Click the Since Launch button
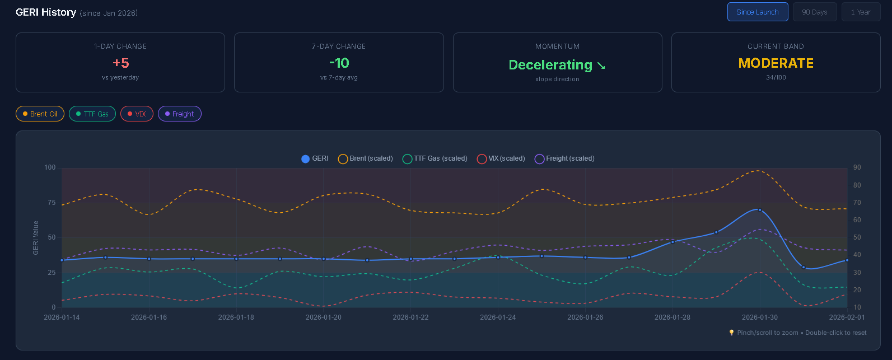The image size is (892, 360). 757,12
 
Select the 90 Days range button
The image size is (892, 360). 814,12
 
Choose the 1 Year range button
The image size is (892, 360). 861,12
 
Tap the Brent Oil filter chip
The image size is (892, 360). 40,114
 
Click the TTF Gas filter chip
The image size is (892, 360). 92,114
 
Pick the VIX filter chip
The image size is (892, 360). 137,114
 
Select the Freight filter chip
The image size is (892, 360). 179,114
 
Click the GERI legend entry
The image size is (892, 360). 315,158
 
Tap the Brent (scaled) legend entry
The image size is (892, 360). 366,158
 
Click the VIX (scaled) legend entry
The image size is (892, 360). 501,158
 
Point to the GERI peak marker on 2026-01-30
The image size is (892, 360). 760,210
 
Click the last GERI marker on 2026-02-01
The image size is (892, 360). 847,260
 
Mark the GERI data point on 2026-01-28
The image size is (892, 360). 672,242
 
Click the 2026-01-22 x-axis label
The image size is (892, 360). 410,317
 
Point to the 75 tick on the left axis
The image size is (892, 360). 51,203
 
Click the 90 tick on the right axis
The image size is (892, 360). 857,167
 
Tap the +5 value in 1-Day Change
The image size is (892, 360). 120,63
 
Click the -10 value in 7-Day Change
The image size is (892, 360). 339,63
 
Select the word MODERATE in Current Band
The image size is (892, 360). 776,63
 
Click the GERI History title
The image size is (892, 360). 46,12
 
